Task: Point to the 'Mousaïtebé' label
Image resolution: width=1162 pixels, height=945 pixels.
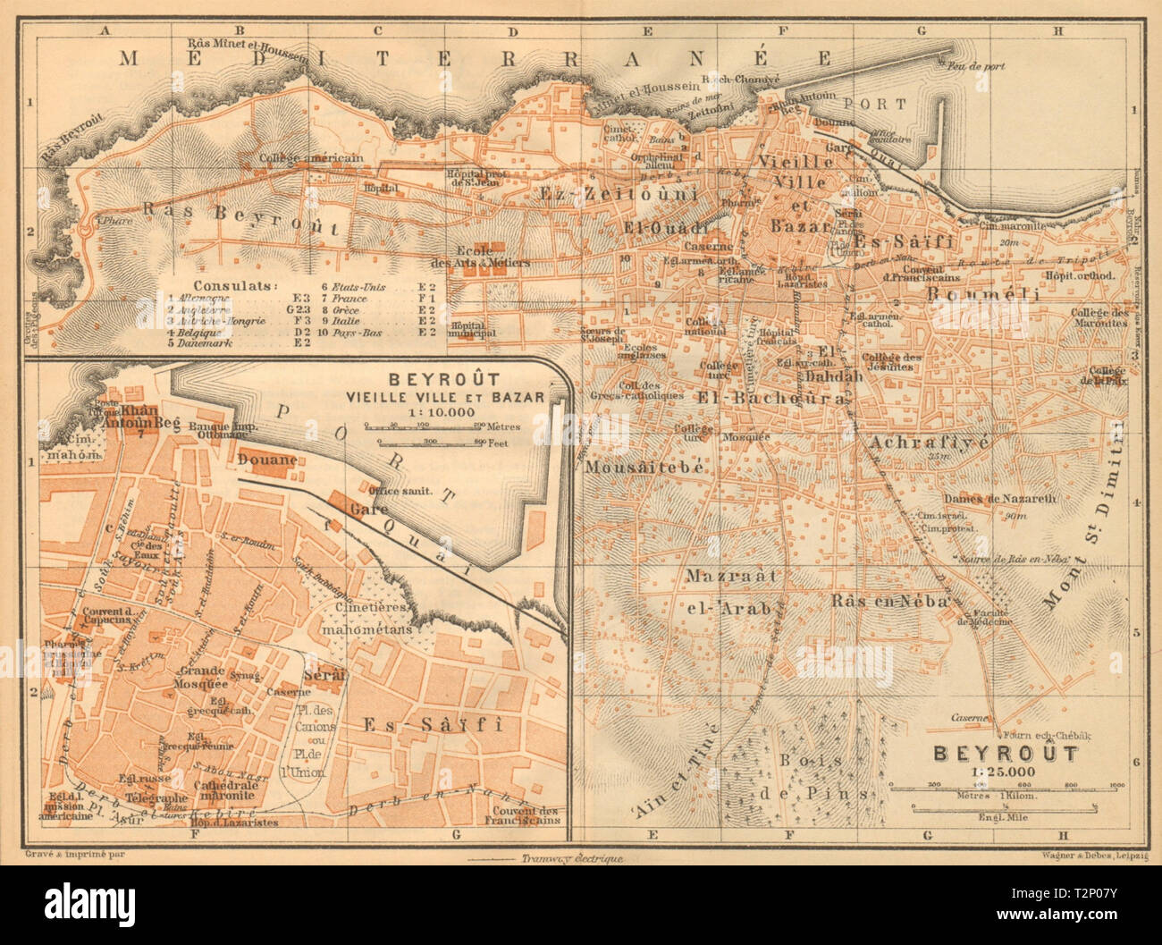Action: coord(633,467)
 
